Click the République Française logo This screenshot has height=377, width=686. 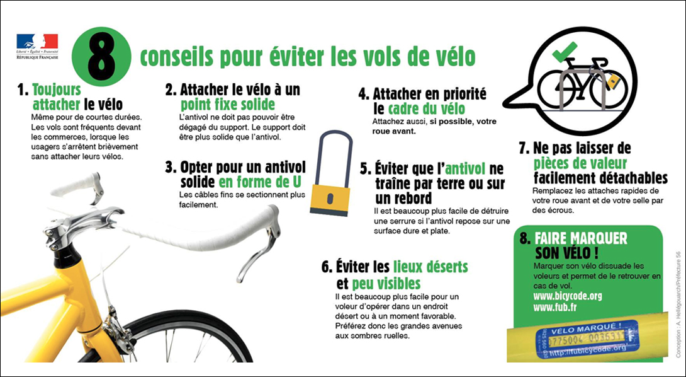[x=37, y=47]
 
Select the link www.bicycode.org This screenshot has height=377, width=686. [x=568, y=295]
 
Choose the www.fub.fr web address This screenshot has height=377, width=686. [x=554, y=308]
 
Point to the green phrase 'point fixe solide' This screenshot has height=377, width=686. [x=228, y=104]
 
